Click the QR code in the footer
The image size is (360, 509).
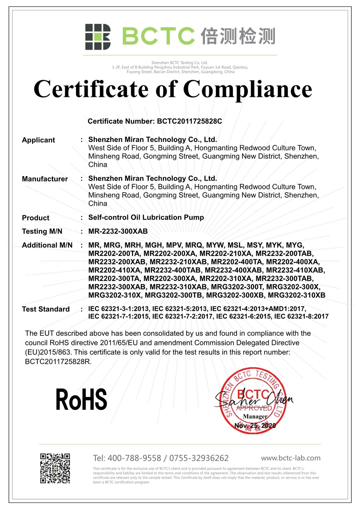55,468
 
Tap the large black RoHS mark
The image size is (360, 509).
81,399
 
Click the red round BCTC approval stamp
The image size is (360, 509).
253,401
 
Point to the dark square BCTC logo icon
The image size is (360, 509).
98,37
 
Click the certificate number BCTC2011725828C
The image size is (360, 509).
189,121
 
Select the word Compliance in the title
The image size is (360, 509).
247,89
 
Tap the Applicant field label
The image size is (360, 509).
38,140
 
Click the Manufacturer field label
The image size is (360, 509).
45,179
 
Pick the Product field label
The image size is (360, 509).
35,218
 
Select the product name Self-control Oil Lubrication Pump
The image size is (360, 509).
146,218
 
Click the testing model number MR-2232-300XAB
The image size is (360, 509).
118,231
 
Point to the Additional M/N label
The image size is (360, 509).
47,245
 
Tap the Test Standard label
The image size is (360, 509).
46,309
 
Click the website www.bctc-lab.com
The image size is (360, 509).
291,458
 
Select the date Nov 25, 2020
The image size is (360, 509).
255,426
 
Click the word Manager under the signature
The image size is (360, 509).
255,416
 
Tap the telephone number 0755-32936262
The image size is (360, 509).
199,458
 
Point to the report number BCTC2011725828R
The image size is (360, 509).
58,361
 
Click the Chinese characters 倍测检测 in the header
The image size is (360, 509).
238,36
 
